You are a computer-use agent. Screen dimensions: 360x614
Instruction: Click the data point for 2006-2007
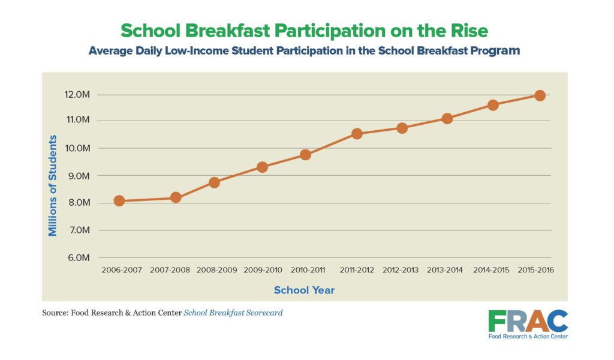tap(119, 201)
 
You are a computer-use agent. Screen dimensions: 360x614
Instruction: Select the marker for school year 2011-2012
tap(357, 134)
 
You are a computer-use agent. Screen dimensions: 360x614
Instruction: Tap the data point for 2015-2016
tap(540, 95)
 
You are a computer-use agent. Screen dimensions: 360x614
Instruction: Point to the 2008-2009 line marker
tap(214, 182)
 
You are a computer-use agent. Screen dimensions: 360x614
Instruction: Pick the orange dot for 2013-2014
tap(447, 118)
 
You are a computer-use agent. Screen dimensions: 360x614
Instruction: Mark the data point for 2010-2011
tap(305, 155)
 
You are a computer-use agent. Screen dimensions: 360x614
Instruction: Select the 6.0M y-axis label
tap(78, 257)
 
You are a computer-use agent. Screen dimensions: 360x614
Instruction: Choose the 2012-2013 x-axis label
tap(400, 270)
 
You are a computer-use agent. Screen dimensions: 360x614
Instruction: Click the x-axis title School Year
tap(304, 290)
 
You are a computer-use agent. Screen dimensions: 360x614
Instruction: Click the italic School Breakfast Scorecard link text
tap(233, 313)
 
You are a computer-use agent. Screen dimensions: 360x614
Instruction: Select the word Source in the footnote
tap(55, 313)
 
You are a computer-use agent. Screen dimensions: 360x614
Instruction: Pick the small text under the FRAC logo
tap(528, 336)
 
